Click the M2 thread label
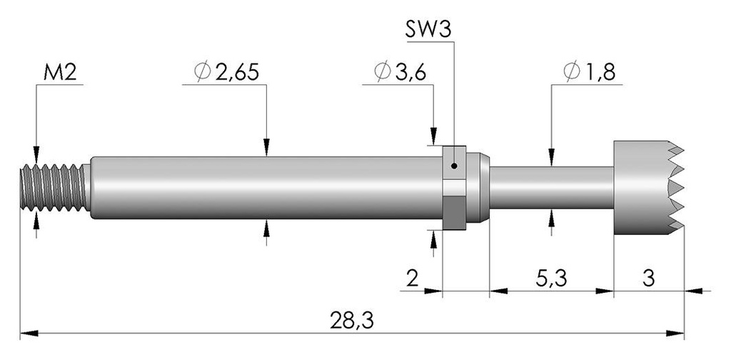click(60, 72)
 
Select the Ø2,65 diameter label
click(226, 72)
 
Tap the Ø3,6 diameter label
click(400, 72)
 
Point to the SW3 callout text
click(428, 30)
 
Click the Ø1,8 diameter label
click(589, 72)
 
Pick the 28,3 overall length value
click(352, 321)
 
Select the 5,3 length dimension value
click(551, 279)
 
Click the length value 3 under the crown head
click(648, 279)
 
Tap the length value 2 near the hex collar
click(413, 279)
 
